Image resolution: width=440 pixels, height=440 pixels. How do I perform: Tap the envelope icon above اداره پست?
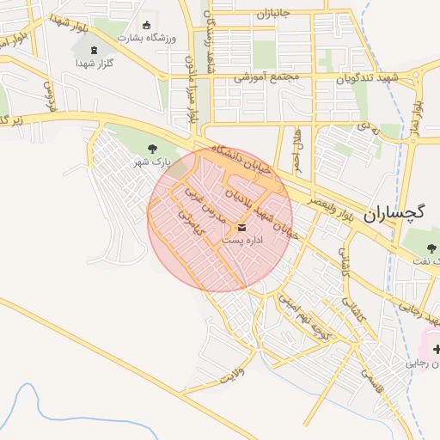pyautogui.click(x=241, y=228)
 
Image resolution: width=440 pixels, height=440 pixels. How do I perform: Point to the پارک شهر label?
pyautogui.click(x=156, y=162)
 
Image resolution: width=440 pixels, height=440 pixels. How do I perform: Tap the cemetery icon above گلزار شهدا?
pyautogui.click(x=94, y=51)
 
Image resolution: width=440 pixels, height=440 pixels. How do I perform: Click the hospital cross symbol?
pyautogui.click(x=437, y=348)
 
